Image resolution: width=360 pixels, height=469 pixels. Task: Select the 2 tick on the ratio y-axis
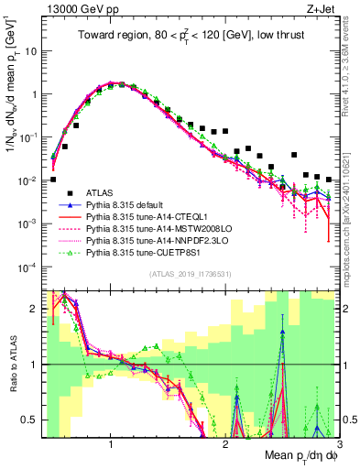tap(33, 310)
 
